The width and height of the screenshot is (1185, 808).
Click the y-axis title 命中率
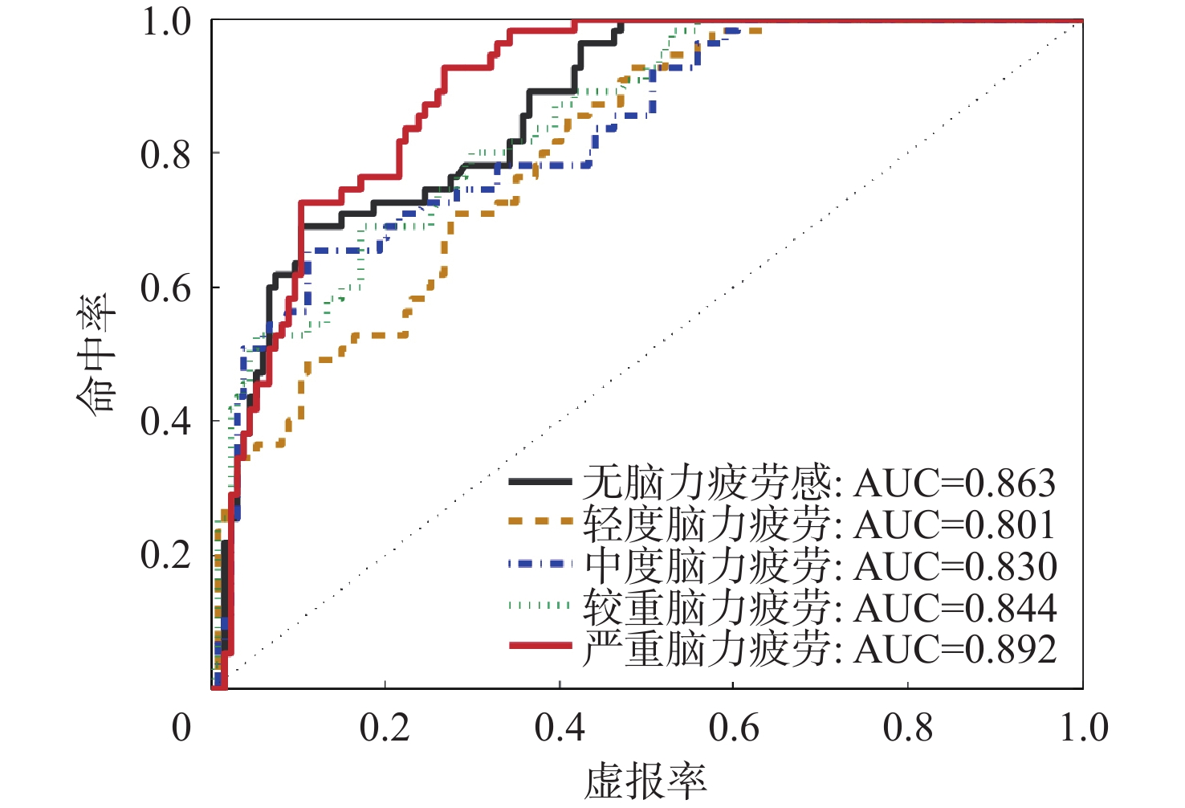click(x=97, y=354)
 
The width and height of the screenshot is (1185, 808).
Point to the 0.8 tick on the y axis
click(x=166, y=153)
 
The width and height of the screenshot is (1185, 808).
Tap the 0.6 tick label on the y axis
click(x=166, y=288)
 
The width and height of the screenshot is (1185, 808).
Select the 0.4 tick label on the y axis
click(x=166, y=420)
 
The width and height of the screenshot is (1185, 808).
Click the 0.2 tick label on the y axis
click(x=166, y=554)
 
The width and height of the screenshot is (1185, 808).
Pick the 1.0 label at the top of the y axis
click(x=166, y=21)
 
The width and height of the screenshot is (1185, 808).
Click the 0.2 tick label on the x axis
click(x=385, y=727)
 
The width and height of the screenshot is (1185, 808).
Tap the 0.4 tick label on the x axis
click(x=560, y=727)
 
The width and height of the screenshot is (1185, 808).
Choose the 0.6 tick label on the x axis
click(x=733, y=727)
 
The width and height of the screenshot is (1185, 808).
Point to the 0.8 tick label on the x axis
click(x=907, y=727)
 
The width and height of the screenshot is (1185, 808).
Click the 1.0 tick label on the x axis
click(x=1083, y=727)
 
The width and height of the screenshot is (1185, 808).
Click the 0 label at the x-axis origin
click(x=182, y=727)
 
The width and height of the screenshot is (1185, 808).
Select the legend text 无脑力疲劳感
click(x=707, y=483)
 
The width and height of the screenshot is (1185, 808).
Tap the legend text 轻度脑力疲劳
click(x=707, y=524)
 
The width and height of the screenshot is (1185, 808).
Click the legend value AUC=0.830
click(x=955, y=566)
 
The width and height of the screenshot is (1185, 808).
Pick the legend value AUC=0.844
click(x=955, y=608)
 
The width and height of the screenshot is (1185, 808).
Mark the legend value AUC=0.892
click(x=955, y=649)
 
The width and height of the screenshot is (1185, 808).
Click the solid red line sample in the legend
click(x=540, y=646)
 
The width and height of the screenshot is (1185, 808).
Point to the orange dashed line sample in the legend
click(x=540, y=521)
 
